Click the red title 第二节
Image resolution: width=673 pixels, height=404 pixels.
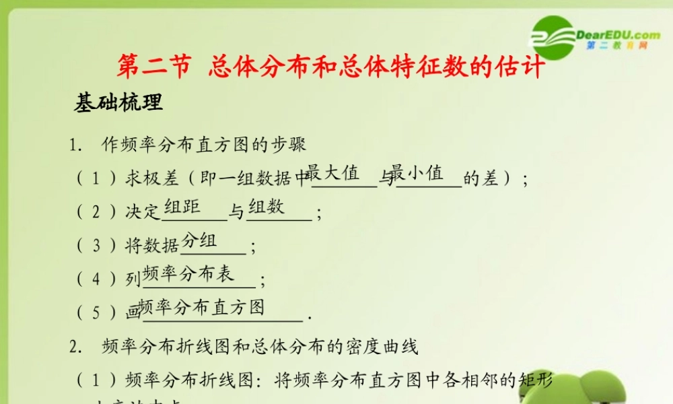pos(155,68)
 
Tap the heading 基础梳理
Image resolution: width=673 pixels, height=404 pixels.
pos(118,102)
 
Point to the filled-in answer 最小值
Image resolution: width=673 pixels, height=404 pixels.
pos(417,173)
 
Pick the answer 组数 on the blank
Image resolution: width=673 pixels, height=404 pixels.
pos(267,207)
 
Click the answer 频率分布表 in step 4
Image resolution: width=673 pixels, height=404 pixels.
pos(188,273)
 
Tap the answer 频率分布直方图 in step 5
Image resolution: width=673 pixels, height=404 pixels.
pos(202,307)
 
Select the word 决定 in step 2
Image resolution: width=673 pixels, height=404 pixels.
pos(143,213)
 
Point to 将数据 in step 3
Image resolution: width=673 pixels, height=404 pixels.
pos(152,246)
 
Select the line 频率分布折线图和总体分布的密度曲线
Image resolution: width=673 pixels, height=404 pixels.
pos(259,347)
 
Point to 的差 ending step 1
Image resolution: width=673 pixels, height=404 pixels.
pos(481,179)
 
